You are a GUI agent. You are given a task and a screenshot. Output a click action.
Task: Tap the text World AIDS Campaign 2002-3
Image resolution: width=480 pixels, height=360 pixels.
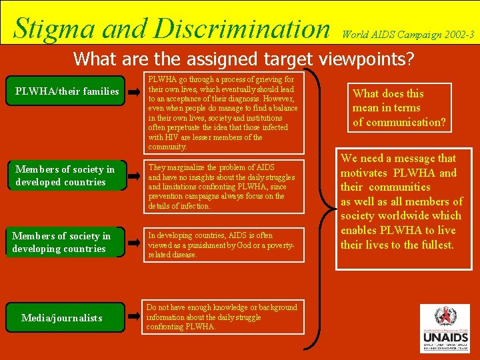coord(408,33)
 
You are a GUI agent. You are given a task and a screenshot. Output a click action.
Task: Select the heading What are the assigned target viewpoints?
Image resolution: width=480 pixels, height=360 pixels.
coord(243,59)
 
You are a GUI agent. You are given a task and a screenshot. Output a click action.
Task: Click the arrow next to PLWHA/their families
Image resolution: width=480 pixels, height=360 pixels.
coord(135,91)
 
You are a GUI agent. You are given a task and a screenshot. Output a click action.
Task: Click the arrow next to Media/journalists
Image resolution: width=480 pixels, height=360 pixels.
coord(135,318)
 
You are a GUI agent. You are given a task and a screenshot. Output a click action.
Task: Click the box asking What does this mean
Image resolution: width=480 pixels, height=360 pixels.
coord(399,108)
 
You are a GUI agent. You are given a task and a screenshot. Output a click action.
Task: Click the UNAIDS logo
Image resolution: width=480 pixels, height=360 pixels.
coord(445,329)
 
